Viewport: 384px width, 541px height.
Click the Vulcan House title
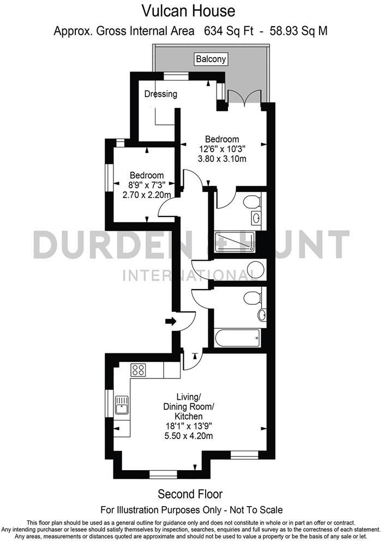coord(189,10)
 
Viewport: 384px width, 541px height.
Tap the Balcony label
coord(211,59)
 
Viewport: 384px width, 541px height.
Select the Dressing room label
coord(160,94)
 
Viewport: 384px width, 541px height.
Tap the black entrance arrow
coord(171,321)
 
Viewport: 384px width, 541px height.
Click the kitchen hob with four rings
coord(139,370)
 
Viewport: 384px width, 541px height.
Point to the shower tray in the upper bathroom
coord(235,242)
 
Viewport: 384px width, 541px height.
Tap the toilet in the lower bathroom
coord(251,298)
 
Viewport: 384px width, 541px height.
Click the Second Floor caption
coord(190,494)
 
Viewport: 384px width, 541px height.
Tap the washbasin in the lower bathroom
coord(262,315)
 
